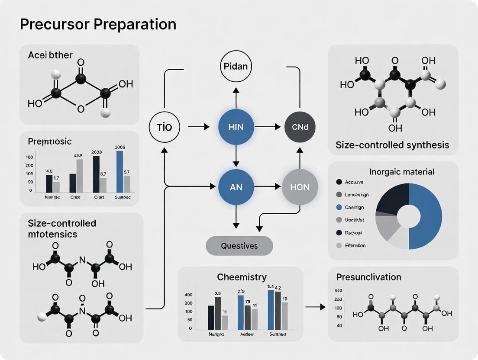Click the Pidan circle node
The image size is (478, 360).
[x=236, y=67]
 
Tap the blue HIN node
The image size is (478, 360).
[x=236, y=128]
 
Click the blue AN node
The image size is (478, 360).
[x=236, y=187]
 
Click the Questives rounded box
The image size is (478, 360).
[x=239, y=246]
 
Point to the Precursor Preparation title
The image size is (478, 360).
[x=98, y=24]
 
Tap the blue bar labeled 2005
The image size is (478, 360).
[x=120, y=171]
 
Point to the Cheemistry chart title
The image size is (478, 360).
[x=242, y=277]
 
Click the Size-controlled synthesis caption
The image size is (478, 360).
[x=392, y=145]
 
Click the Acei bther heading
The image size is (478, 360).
[x=50, y=55]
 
